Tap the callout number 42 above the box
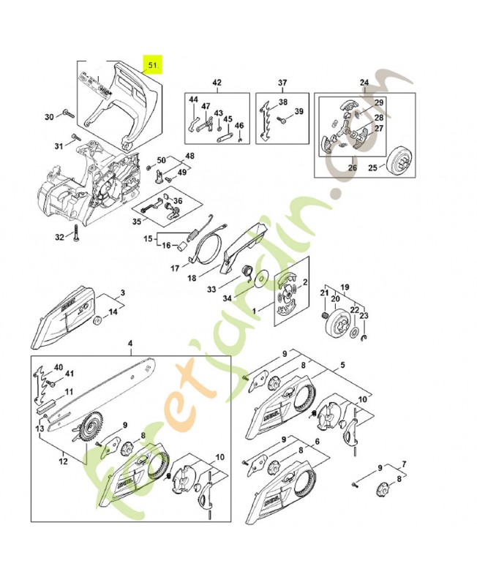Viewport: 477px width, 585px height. coord(217,82)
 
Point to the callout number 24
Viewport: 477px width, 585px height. coord(364,82)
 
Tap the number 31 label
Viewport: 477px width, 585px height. coord(59,146)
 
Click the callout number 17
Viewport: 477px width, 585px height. coord(175,268)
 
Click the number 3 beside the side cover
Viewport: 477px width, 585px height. coord(122,292)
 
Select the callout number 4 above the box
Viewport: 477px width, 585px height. coord(130,343)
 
